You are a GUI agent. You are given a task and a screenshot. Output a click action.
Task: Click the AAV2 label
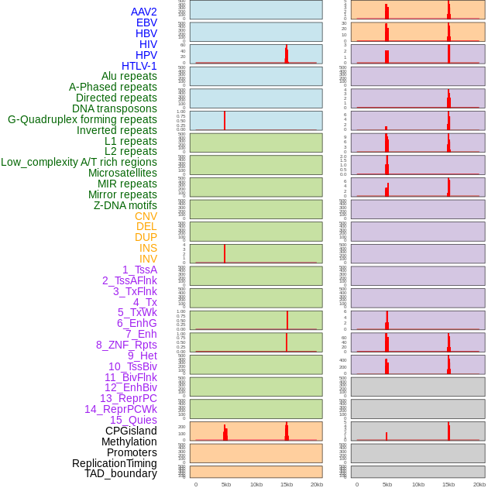pos(144,12)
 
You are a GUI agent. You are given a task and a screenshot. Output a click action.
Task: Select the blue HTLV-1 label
pos(139,66)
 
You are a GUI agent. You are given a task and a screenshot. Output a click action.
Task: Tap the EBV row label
pos(146,22)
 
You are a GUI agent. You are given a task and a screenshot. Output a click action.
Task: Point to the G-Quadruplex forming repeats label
pos(82,119)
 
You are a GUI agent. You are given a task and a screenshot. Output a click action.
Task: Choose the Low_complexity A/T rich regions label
pos(79,162)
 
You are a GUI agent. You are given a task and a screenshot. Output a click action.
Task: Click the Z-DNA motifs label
pos(125,205)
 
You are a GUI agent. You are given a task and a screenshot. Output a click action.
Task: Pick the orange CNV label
pos(146,216)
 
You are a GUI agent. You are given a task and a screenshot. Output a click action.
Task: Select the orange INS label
pos(148,248)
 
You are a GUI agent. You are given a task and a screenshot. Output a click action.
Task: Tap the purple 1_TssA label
pos(139,270)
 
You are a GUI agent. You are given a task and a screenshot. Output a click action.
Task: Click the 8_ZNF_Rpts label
pos(126,345)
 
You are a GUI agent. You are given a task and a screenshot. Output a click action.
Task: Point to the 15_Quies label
pos(133,420)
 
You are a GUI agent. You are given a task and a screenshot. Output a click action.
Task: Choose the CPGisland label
pos(131,431)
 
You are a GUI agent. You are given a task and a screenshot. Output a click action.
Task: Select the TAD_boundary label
pos(121,473)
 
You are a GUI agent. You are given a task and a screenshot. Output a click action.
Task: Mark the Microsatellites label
pos(122,173)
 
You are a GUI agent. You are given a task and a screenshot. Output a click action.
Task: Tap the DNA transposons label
pos(115,108)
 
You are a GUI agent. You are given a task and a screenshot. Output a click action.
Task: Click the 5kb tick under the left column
pos(226,484)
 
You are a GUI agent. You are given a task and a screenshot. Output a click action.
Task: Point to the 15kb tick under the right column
pos(448,484)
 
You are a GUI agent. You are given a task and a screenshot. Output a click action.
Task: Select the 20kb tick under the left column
pos(317,484)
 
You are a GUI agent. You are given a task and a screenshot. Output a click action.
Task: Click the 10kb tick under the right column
pos(418,484)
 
